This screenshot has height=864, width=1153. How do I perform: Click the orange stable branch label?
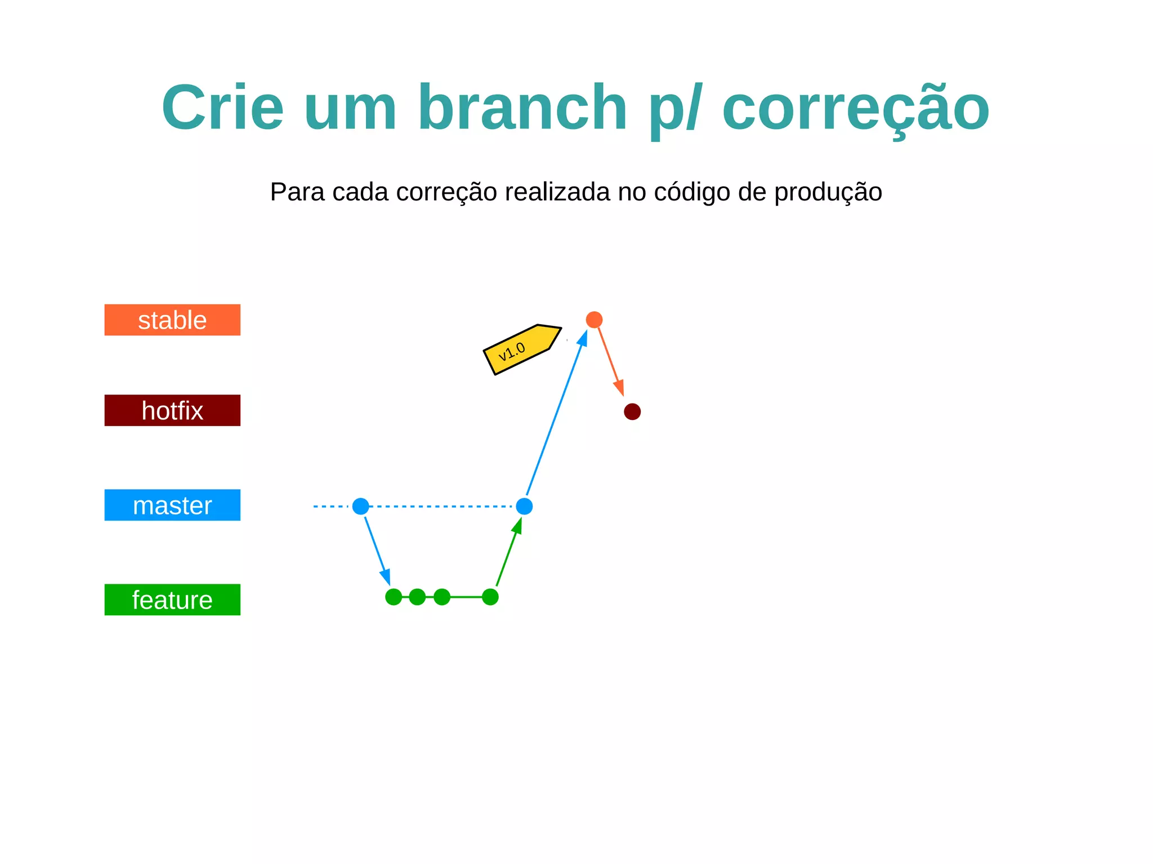click(x=172, y=320)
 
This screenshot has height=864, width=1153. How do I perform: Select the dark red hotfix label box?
click(x=172, y=410)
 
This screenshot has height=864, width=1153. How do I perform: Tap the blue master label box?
click(x=172, y=505)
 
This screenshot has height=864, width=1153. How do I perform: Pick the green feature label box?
click(x=172, y=599)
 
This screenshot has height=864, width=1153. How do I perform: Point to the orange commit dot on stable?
click(x=594, y=320)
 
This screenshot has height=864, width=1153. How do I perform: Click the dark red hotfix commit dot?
click(x=632, y=411)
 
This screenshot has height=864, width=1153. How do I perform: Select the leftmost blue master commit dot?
click(x=361, y=506)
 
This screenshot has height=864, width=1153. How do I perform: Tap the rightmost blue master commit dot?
click(x=524, y=506)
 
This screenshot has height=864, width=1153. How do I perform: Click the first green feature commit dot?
click(x=394, y=597)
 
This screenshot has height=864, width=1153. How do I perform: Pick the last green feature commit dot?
click(x=490, y=597)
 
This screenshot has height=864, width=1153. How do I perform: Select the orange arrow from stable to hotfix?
click(x=610, y=360)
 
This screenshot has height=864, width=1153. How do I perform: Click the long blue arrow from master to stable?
click(x=556, y=414)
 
